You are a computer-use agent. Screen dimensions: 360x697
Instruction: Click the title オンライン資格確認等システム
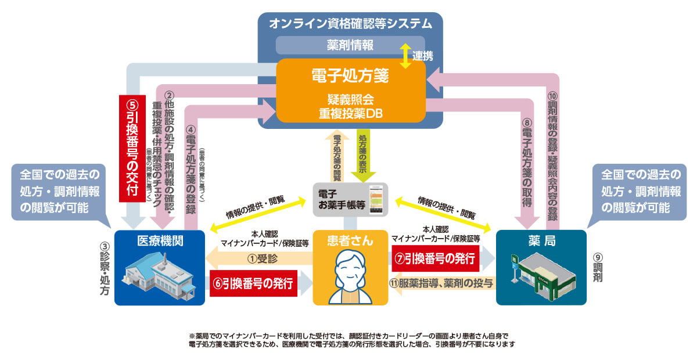(350, 24)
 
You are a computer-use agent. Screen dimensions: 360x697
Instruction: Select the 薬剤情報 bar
(350, 45)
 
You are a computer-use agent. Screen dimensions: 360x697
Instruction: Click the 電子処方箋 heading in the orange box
(350, 76)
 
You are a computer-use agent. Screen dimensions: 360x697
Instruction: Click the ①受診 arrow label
(260, 257)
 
